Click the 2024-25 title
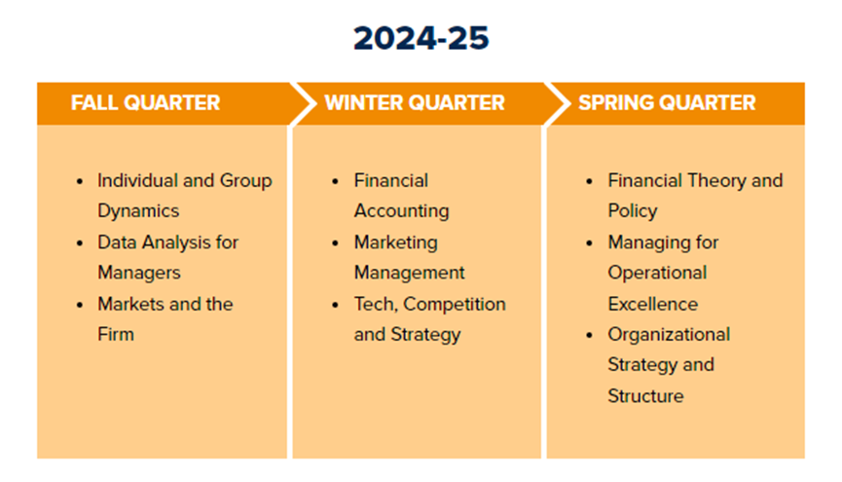click(421, 38)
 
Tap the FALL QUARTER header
click(145, 102)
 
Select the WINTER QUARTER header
click(415, 102)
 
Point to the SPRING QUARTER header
click(667, 102)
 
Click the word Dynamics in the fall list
click(138, 211)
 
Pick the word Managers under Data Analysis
click(139, 273)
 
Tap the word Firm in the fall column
click(116, 334)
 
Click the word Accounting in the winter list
click(402, 211)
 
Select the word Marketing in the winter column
click(396, 242)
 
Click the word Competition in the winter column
click(455, 304)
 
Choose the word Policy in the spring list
click(633, 211)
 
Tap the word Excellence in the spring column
click(653, 304)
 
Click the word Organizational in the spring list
click(669, 335)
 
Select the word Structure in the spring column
click(646, 396)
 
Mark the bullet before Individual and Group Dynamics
click(80, 182)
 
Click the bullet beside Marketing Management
click(335, 243)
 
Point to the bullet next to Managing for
click(589, 243)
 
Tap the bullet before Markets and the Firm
click(80, 305)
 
